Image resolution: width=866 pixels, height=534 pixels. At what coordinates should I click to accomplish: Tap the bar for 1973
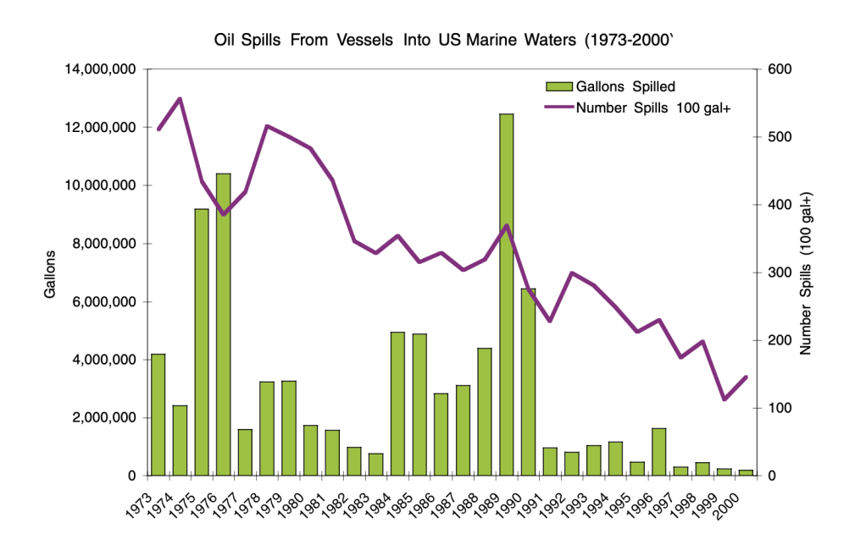click(158, 415)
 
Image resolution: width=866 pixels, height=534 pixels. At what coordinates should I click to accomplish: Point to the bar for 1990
click(528, 382)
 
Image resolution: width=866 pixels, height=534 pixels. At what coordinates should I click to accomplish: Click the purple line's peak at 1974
click(180, 99)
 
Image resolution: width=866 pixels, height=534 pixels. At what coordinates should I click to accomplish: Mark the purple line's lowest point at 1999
click(724, 399)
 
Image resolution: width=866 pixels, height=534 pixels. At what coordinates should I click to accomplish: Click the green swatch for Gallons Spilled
click(558, 85)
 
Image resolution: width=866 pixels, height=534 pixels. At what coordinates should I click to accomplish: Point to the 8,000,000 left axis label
click(100, 244)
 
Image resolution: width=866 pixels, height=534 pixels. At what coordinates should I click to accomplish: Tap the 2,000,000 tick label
click(100, 418)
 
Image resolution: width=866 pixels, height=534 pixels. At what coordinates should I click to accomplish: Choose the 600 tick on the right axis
click(779, 69)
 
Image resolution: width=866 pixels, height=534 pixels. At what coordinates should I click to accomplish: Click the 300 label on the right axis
click(779, 273)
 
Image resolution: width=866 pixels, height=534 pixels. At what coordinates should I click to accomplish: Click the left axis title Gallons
click(50, 273)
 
